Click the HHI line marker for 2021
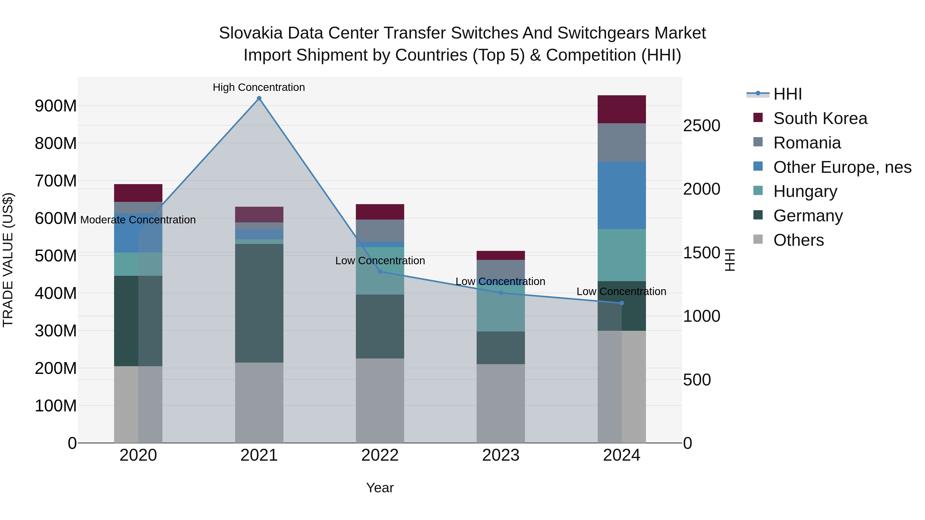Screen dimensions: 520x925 [x=259, y=98]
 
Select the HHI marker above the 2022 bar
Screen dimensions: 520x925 [x=380, y=271]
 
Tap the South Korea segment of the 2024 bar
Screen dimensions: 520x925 [x=622, y=109]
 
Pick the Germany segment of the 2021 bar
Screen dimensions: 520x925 [x=259, y=303]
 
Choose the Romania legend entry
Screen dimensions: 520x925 [x=807, y=143]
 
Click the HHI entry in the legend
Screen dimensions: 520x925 [x=788, y=94]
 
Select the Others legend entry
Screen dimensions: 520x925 [x=798, y=240]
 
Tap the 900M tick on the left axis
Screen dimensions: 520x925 [x=56, y=106]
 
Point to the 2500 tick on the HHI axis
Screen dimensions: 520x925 [x=701, y=126]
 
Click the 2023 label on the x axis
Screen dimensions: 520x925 [x=501, y=455]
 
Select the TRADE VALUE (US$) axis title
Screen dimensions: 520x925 [x=8, y=260]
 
